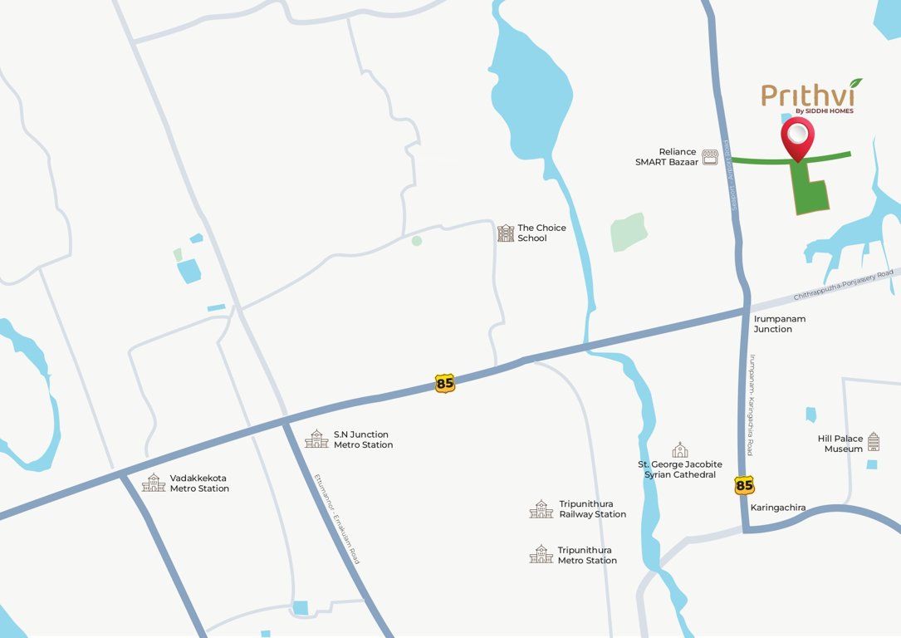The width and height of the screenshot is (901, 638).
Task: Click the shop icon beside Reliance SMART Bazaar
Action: click(710, 157)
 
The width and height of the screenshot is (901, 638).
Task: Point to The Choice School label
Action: click(541, 233)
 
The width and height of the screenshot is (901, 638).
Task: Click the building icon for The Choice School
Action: click(506, 233)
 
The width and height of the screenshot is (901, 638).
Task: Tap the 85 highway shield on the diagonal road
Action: click(445, 383)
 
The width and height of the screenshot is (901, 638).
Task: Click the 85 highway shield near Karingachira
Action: click(744, 485)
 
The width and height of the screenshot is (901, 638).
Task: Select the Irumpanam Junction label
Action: click(779, 324)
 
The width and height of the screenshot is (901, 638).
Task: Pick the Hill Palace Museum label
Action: click(840, 444)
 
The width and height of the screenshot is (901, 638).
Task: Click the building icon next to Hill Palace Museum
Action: click(873, 442)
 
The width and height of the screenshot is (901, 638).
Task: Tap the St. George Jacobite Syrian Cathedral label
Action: click(679, 469)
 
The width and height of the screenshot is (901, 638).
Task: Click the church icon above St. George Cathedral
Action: click(680, 449)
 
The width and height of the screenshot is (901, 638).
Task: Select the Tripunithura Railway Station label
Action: click(592, 509)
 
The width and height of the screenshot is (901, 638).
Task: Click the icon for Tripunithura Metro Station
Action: click(541, 555)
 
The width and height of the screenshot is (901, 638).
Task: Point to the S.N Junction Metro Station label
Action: click(363, 439)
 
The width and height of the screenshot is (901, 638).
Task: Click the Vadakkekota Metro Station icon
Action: click(153, 483)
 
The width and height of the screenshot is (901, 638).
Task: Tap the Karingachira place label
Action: click(778, 507)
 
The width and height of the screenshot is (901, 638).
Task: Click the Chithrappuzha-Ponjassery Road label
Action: click(843, 284)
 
